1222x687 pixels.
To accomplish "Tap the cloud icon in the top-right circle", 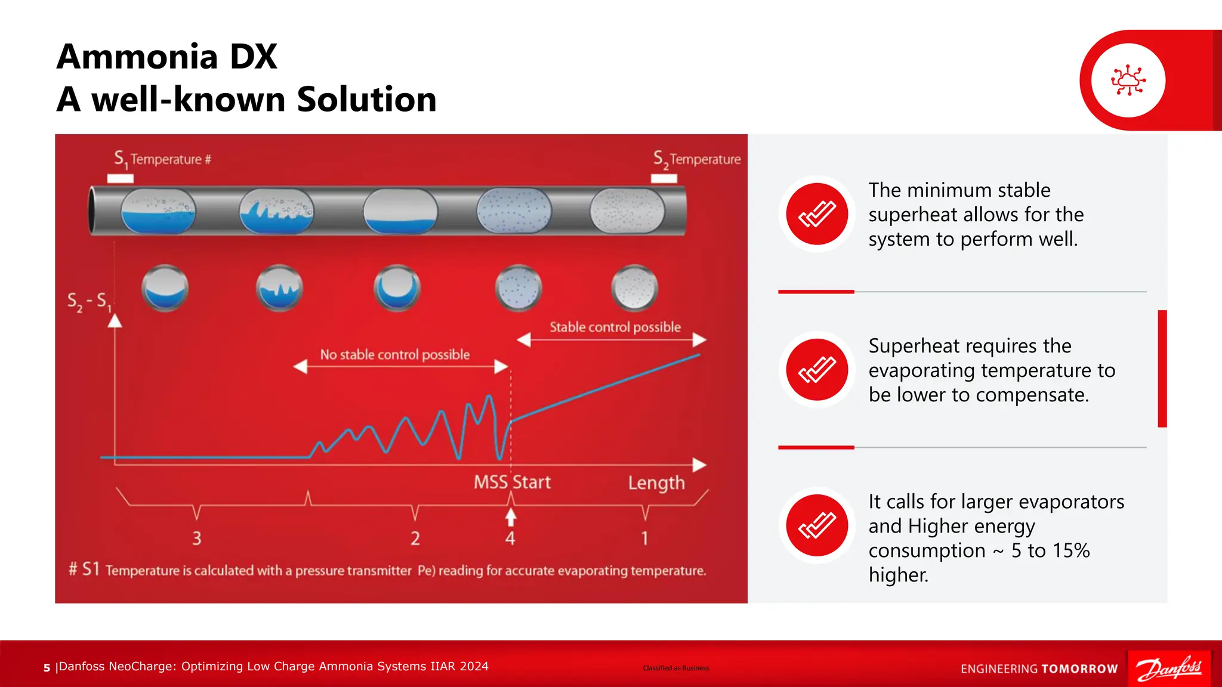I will (x=1128, y=80).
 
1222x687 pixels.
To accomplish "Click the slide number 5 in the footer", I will (x=47, y=668).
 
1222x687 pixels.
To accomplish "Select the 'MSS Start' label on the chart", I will (x=512, y=482).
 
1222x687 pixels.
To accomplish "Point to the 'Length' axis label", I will (x=656, y=482).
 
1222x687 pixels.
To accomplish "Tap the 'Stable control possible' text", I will (x=615, y=327).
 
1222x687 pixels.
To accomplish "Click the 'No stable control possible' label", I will (x=394, y=354).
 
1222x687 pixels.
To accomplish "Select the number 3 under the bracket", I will (x=196, y=539).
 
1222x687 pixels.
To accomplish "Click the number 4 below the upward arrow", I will (x=510, y=539).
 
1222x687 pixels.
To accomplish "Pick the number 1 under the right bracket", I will (x=644, y=539).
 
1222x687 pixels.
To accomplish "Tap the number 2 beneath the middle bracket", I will (x=415, y=539).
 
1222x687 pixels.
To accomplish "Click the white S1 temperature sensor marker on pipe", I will (x=120, y=178).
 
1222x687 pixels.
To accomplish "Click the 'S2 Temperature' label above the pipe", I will (x=696, y=159).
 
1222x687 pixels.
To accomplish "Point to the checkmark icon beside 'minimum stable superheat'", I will (x=817, y=213).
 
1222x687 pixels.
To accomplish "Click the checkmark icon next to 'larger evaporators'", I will (x=817, y=525).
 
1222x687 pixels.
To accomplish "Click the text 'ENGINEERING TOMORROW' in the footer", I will (x=1039, y=669).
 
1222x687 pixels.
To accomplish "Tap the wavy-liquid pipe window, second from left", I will (x=276, y=211).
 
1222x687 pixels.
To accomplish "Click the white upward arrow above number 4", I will (x=510, y=516).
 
